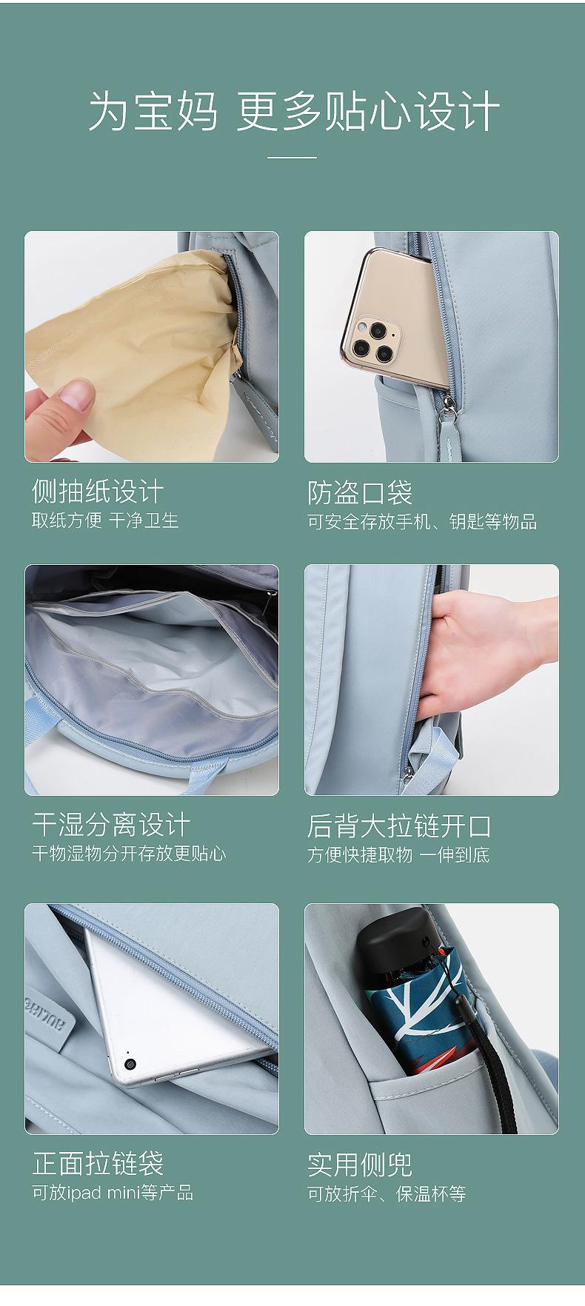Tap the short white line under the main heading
(292, 158)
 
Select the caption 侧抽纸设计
(97, 491)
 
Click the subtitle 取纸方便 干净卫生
(105, 520)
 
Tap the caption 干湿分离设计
(111, 824)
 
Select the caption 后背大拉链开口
(399, 826)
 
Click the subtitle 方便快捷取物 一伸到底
(398, 855)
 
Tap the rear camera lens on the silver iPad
(131, 1064)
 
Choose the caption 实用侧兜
(360, 1164)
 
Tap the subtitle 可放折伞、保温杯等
(387, 1193)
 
